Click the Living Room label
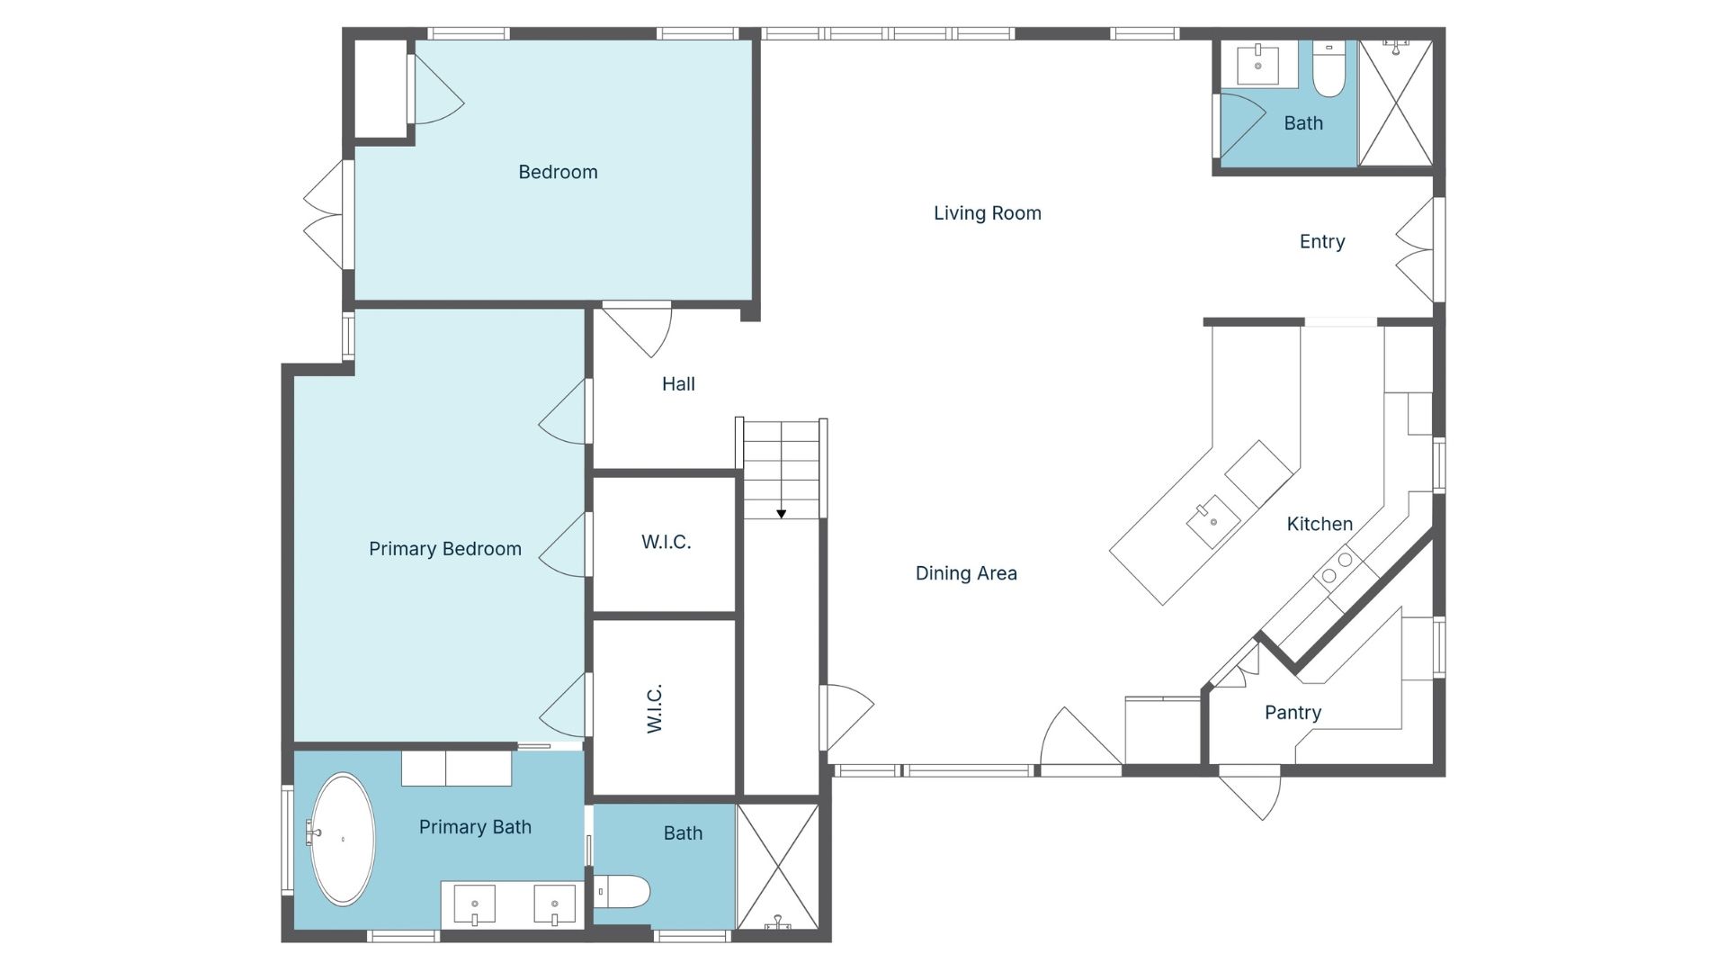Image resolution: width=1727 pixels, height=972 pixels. point(987,213)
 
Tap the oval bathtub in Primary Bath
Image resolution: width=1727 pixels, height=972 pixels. point(342,839)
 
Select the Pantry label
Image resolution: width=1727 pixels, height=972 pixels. point(1293,713)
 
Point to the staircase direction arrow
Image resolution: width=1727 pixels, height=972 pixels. point(782,514)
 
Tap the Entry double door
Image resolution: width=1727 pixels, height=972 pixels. point(1416,250)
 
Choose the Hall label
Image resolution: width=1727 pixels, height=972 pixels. point(678,384)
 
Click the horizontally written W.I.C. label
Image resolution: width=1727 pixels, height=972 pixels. point(666,542)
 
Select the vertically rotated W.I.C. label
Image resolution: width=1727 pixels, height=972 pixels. point(655,708)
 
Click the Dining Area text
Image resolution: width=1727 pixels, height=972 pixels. point(966,573)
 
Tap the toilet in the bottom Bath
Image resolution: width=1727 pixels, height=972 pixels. point(622,892)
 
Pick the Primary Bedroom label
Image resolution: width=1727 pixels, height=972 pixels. point(444,549)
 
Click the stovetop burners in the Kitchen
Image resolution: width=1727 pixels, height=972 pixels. point(1337,567)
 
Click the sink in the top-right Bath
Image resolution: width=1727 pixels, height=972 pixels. point(1257,65)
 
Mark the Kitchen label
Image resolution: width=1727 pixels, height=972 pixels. point(1319,524)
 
